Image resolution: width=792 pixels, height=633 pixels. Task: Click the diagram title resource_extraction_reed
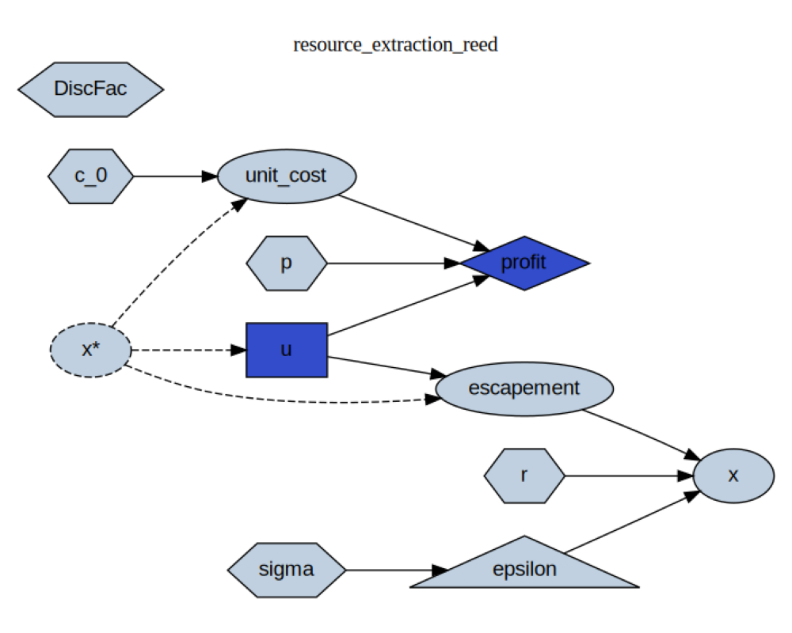[395, 44]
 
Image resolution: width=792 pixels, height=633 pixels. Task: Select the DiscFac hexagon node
[90, 89]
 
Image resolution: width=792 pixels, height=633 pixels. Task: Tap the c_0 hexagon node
[90, 176]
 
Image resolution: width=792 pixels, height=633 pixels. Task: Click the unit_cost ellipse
[286, 176]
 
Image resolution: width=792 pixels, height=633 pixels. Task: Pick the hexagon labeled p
[287, 263]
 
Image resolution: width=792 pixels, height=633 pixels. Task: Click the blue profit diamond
[524, 263]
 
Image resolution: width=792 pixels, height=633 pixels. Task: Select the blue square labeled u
[287, 350]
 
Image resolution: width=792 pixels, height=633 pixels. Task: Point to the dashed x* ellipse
[90, 350]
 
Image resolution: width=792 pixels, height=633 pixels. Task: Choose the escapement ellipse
[524, 389]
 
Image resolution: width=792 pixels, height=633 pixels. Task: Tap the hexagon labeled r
[524, 476]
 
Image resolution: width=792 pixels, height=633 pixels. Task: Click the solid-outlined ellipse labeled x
[733, 476]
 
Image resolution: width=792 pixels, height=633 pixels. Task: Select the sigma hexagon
[287, 569]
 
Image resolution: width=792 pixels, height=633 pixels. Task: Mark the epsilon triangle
[524, 570]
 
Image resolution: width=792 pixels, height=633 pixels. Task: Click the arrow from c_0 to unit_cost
[174, 176]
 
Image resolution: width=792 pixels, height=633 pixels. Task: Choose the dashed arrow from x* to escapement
[277, 398]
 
